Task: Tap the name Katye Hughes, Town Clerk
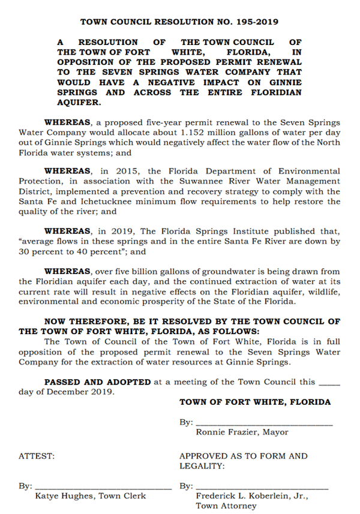pos(91,496)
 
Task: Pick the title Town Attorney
pos(226,506)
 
